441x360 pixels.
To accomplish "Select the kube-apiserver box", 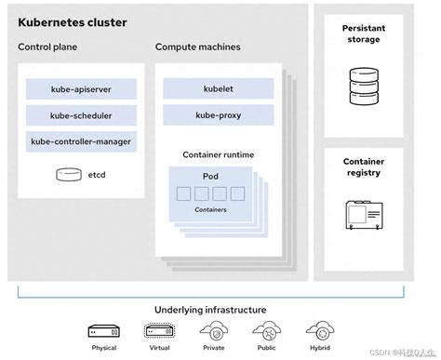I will click(82, 89).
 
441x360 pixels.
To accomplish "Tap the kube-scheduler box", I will click(82, 116).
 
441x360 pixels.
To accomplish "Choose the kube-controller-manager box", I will click(82, 142).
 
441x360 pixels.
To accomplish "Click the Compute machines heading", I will click(197, 47).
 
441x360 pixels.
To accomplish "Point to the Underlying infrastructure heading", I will click(209, 310).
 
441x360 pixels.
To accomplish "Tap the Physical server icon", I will click(104, 332).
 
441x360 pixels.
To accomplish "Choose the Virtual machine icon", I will click(157, 332).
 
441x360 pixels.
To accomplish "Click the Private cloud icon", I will click(211, 331).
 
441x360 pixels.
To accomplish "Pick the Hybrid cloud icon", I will click(319, 331).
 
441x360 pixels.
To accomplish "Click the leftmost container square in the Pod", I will click(183, 194).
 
